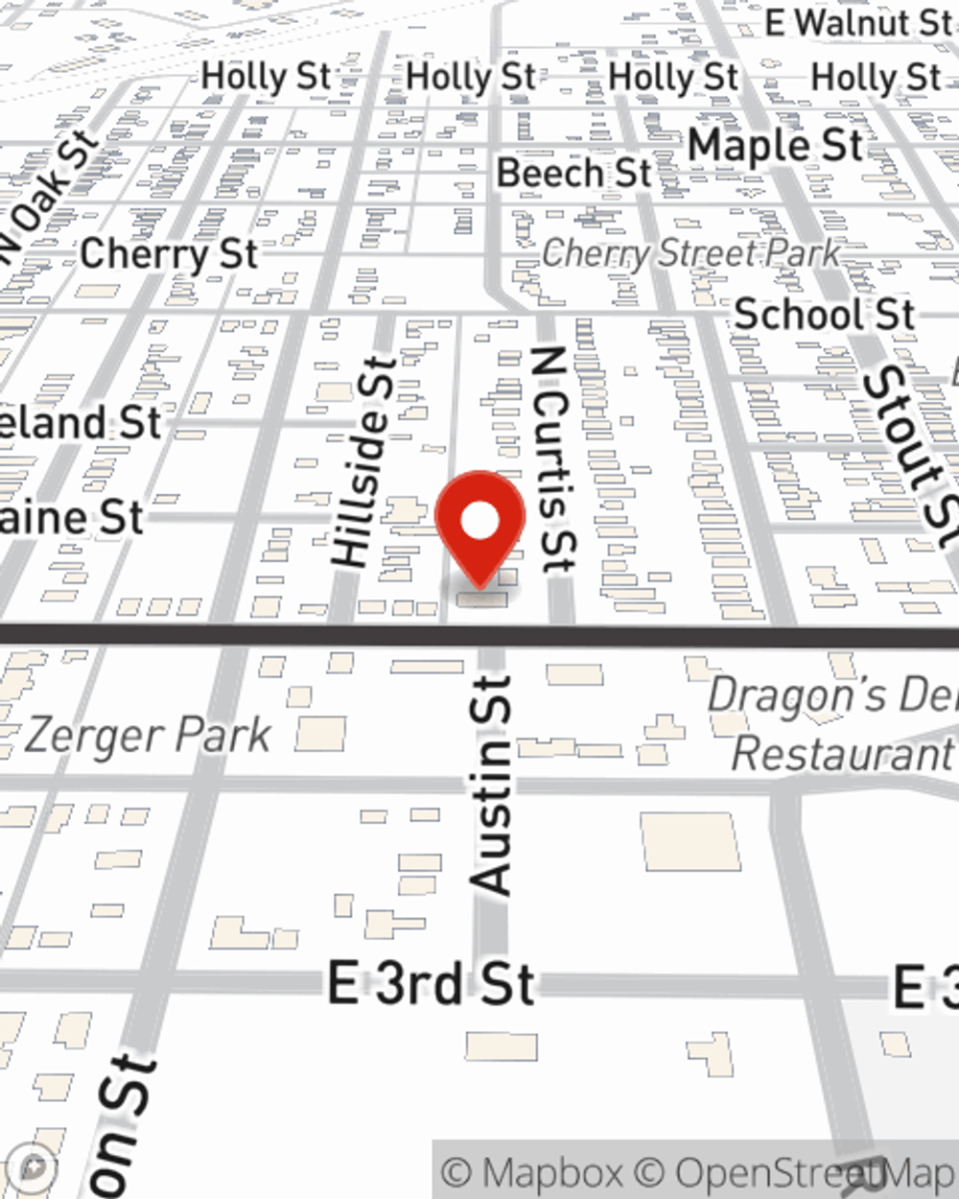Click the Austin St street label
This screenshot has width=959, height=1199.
(x=492, y=786)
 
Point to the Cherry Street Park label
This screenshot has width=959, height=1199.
(x=690, y=253)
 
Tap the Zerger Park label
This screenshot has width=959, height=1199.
(x=148, y=737)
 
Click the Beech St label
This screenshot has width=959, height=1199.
(x=573, y=173)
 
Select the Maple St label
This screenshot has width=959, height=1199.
(x=776, y=146)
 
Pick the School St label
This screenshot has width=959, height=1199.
(x=824, y=314)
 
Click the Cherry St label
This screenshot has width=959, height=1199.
(x=169, y=254)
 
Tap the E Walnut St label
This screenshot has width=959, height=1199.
(x=858, y=23)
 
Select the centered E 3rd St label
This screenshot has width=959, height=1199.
(x=431, y=984)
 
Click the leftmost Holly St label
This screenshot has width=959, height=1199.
(x=266, y=77)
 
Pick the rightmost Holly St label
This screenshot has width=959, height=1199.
(x=876, y=77)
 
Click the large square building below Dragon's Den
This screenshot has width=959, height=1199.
(x=690, y=841)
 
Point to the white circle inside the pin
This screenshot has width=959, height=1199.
(x=480, y=522)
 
